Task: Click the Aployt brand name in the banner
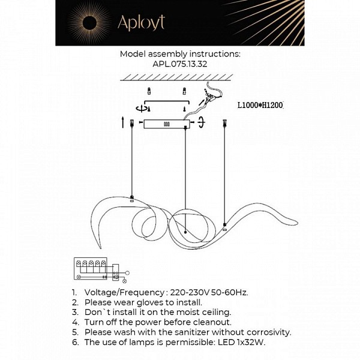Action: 141,23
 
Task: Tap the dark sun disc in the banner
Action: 90,23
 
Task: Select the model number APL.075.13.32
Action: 180,64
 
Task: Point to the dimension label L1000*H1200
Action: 260,105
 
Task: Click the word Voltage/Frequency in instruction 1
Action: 124,293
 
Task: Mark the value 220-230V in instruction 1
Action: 190,293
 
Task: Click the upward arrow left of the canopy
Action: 123,122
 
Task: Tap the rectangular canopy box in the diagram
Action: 167,124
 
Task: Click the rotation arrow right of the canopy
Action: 202,122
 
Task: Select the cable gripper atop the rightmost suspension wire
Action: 224,123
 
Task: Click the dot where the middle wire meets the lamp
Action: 185,232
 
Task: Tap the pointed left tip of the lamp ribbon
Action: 100,248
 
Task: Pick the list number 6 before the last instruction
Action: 76,342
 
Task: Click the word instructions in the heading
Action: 215,54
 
